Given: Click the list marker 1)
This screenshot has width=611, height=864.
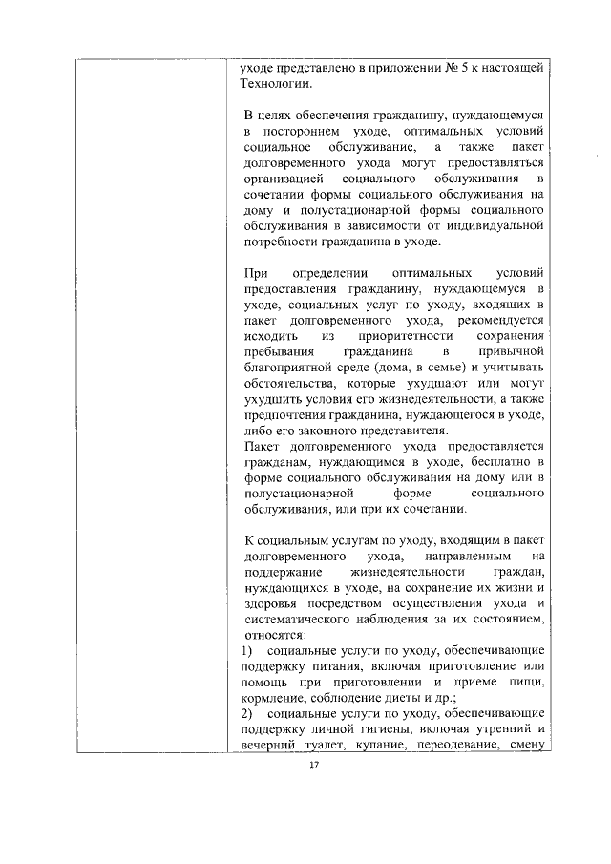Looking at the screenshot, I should [251, 649].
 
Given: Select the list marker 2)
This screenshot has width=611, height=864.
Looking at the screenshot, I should [251, 712].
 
